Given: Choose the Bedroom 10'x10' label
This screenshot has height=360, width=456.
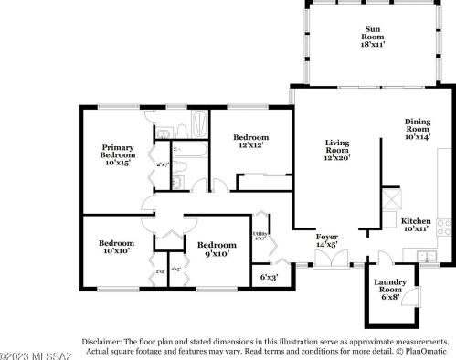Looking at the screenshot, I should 116,248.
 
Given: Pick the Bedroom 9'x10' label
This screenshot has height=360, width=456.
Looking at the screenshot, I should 217,249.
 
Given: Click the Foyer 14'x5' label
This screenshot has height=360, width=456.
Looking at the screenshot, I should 327,241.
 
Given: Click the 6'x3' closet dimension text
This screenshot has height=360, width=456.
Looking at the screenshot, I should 270,276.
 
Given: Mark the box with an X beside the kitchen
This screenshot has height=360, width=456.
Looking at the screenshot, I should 390,197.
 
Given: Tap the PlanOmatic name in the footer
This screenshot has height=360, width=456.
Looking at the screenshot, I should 428,350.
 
